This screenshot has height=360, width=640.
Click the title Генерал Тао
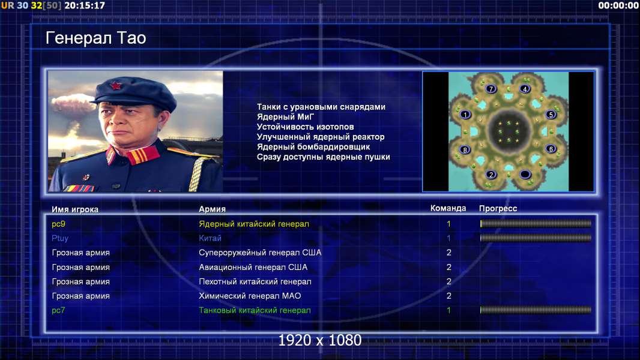point(95,38)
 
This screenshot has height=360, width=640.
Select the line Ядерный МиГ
point(285,116)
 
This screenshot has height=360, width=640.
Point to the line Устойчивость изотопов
point(306,127)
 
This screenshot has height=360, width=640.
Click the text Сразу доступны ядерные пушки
point(323,157)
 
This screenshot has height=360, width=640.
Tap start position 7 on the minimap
point(491,88)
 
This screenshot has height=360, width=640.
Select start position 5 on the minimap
point(551,115)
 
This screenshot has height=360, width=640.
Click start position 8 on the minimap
point(465,149)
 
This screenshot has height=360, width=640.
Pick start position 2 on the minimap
point(491,175)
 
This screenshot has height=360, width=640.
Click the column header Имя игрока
point(74,209)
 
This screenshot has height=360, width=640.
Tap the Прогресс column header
point(498,208)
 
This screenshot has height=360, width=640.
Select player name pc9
point(58,224)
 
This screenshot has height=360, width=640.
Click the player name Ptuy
point(60,239)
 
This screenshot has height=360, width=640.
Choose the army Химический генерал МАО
point(250,296)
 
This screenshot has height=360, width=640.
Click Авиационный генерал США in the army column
point(253,268)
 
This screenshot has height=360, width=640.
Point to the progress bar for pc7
point(536,310)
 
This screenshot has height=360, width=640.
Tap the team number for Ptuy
point(448,238)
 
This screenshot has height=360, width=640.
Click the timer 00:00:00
point(618,6)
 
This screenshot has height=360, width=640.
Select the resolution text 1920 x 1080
point(319,340)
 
